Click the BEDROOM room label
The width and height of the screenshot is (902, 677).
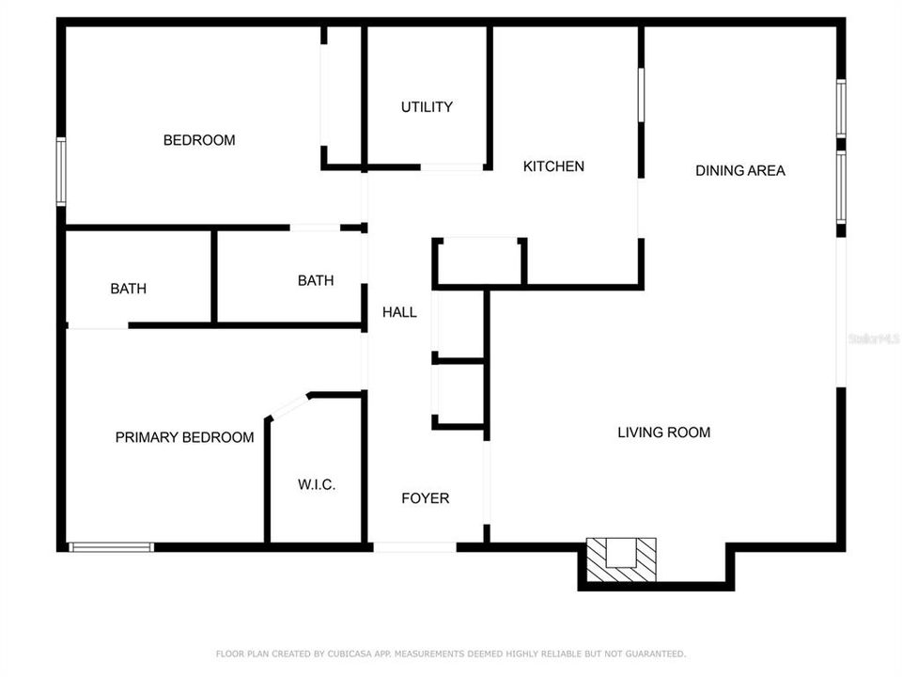[199, 140]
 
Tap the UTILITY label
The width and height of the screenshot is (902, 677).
[427, 107]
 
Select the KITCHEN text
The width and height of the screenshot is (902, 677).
[553, 166]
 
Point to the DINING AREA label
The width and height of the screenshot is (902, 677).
[739, 170]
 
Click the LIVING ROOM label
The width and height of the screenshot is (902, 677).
[663, 433]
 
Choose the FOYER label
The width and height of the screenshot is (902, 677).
[425, 498]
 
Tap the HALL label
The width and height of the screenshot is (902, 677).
[399, 312]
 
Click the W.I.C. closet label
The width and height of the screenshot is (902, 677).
[317, 485]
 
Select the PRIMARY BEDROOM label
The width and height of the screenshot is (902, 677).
[184, 437]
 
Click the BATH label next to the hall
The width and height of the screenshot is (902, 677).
[315, 280]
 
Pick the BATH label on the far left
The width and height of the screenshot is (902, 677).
[128, 289]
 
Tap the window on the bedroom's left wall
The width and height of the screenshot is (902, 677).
[61, 171]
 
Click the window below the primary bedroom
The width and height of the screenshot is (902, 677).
[111, 546]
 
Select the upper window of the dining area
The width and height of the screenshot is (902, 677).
[841, 108]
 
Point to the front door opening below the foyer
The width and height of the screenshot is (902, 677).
[414, 547]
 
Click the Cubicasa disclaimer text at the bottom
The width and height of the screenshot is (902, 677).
[451, 653]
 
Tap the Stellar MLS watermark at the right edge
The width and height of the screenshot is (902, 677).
[873, 338]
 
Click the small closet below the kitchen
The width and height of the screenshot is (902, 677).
[479, 260]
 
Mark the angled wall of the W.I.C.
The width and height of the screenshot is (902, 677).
[288, 405]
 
